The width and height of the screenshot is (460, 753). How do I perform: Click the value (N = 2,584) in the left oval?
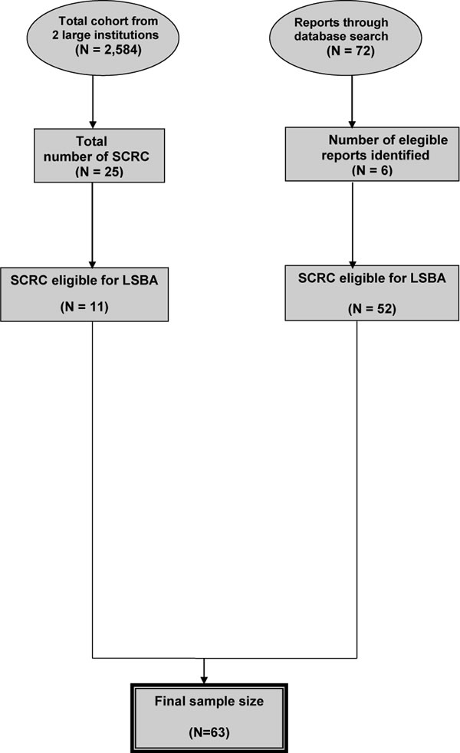(x=109, y=50)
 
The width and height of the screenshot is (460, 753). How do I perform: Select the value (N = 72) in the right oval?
(x=350, y=51)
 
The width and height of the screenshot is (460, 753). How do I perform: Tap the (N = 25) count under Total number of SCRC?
(x=100, y=172)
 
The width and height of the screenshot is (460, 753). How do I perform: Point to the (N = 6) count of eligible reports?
(x=372, y=170)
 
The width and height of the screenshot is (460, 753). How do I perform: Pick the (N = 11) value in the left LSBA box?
(x=84, y=307)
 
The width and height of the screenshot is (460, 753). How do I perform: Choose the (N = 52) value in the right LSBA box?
(x=372, y=308)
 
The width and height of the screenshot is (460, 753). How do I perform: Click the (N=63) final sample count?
(x=209, y=732)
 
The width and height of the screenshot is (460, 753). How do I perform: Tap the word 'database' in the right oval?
(x=319, y=36)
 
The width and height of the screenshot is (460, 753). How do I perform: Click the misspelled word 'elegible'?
(x=424, y=140)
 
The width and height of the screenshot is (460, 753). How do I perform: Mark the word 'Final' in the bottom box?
(x=168, y=701)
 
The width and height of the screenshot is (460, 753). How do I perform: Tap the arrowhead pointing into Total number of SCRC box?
(x=93, y=125)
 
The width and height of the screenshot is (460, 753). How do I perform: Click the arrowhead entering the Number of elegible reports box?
(x=352, y=124)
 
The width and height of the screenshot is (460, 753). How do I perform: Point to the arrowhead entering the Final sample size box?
(x=204, y=680)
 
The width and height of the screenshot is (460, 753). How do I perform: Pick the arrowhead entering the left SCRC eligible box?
(x=92, y=264)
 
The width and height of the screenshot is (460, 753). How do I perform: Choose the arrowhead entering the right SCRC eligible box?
(x=353, y=264)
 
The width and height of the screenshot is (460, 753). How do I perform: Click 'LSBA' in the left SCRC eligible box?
(x=140, y=280)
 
